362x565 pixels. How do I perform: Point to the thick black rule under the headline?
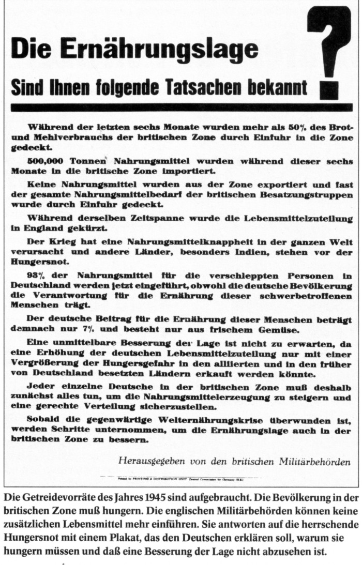[181, 108]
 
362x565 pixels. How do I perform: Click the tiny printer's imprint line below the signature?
[181, 479]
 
